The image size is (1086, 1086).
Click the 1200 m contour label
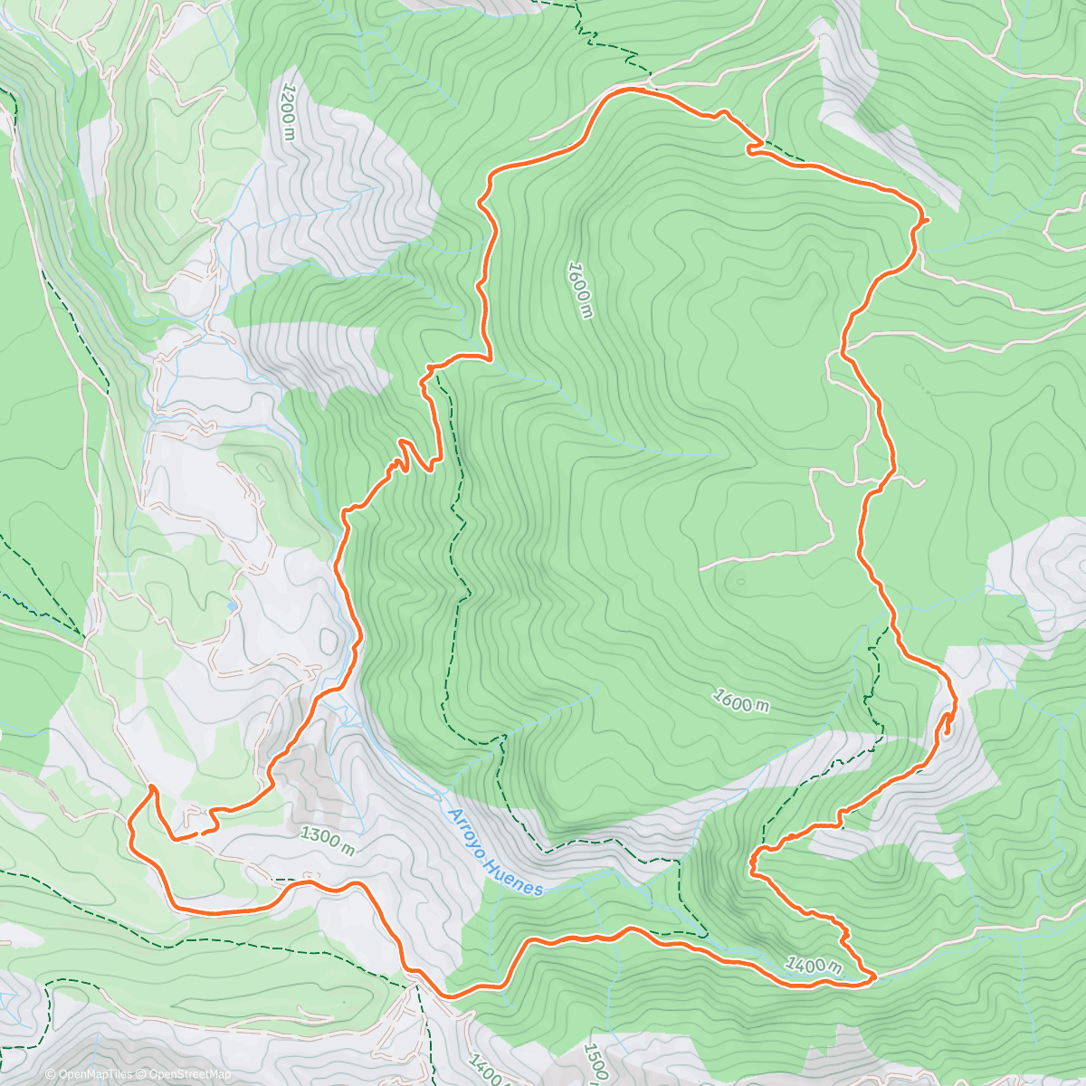coord(288,113)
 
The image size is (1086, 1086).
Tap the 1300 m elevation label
coord(326,841)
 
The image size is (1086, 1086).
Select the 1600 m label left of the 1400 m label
coord(741,700)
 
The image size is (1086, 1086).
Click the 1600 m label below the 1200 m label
coord(580,290)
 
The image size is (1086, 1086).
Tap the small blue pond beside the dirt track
coord(233,605)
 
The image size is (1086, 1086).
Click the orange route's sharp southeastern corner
coord(872,976)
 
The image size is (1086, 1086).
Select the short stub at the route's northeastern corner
coord(923,220)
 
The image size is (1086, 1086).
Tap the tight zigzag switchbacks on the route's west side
coord(398,462)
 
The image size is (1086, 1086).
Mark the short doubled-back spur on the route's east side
coord(946,723)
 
